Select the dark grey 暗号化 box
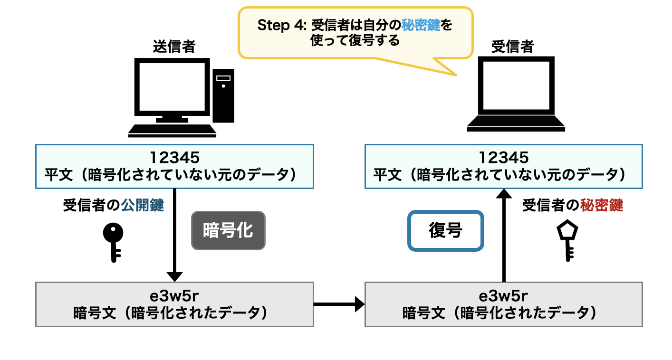click(228, 231)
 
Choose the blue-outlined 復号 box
click(445, 231)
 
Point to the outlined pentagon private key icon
click(567, 240)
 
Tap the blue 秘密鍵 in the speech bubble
click(421, 26)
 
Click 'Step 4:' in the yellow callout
click(280, 26)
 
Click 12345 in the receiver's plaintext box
click(504, 157)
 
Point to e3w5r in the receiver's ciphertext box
click(504, 295)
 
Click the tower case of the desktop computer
click(223, 95)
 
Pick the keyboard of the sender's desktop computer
click(172, 130)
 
